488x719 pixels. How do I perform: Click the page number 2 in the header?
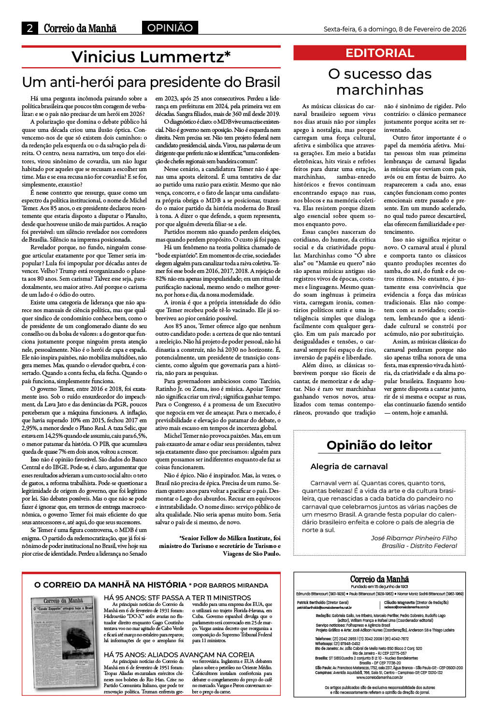[x=30, y=28]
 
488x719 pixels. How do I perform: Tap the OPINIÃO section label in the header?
[x=170, y=28]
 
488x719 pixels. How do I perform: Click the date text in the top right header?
[x=394, y=29]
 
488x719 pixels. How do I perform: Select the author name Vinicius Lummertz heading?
[x=151, y=57]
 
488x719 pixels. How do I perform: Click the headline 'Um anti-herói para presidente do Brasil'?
[x=151, y=82]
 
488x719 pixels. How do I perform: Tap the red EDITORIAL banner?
[x=380, y=53]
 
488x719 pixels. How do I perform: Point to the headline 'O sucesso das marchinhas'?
[x=380, y=82]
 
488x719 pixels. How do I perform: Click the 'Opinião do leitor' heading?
[x=379, y=445]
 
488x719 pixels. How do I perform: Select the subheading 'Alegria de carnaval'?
[x=349, y=466]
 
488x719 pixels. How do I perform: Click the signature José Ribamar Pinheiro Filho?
[x=414, y=538]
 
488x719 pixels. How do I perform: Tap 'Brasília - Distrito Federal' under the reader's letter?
[x=419, y=546]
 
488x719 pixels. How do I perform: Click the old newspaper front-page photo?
[x=64, y=642]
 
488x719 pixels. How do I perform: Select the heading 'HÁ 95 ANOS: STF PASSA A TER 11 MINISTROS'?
[x=177, y=598]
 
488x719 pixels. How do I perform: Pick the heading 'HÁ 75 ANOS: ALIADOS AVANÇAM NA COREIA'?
[x=179, y=655]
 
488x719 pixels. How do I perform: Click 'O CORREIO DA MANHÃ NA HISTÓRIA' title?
[x=110, y=585]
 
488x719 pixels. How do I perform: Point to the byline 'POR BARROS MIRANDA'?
[x=231, y=585]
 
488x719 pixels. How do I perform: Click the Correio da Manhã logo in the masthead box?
[x=379, y=579]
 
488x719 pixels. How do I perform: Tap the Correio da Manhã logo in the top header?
[x=80, y=28]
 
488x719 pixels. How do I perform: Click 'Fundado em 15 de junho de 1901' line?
[x=379, y=586]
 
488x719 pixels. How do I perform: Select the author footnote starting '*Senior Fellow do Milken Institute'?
[x=219, y=546]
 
